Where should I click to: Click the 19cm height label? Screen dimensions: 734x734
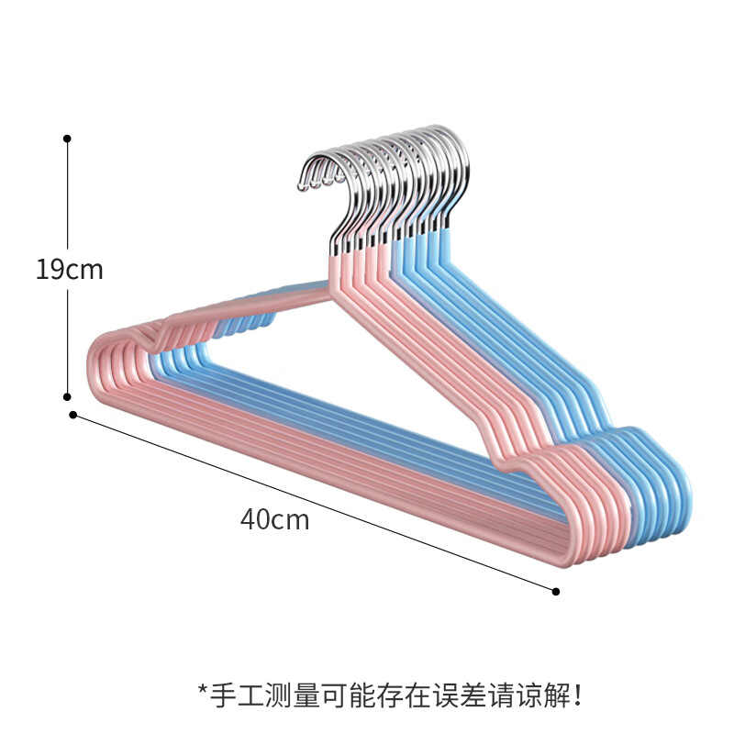pos(70,270)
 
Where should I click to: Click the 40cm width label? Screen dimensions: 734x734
pos(275,519)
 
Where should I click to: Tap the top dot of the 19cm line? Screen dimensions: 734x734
pos(67,139)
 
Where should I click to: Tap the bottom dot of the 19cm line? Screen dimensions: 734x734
pos(67,397)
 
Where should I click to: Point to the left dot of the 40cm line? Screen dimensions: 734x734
pos(73,415)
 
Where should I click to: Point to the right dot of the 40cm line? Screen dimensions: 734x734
pos(556,592)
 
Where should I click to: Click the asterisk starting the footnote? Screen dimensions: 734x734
pos(202,691)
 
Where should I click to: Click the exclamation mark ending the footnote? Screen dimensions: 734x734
pos(577,695)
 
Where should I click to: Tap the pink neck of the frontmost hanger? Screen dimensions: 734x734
pos(336,273)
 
